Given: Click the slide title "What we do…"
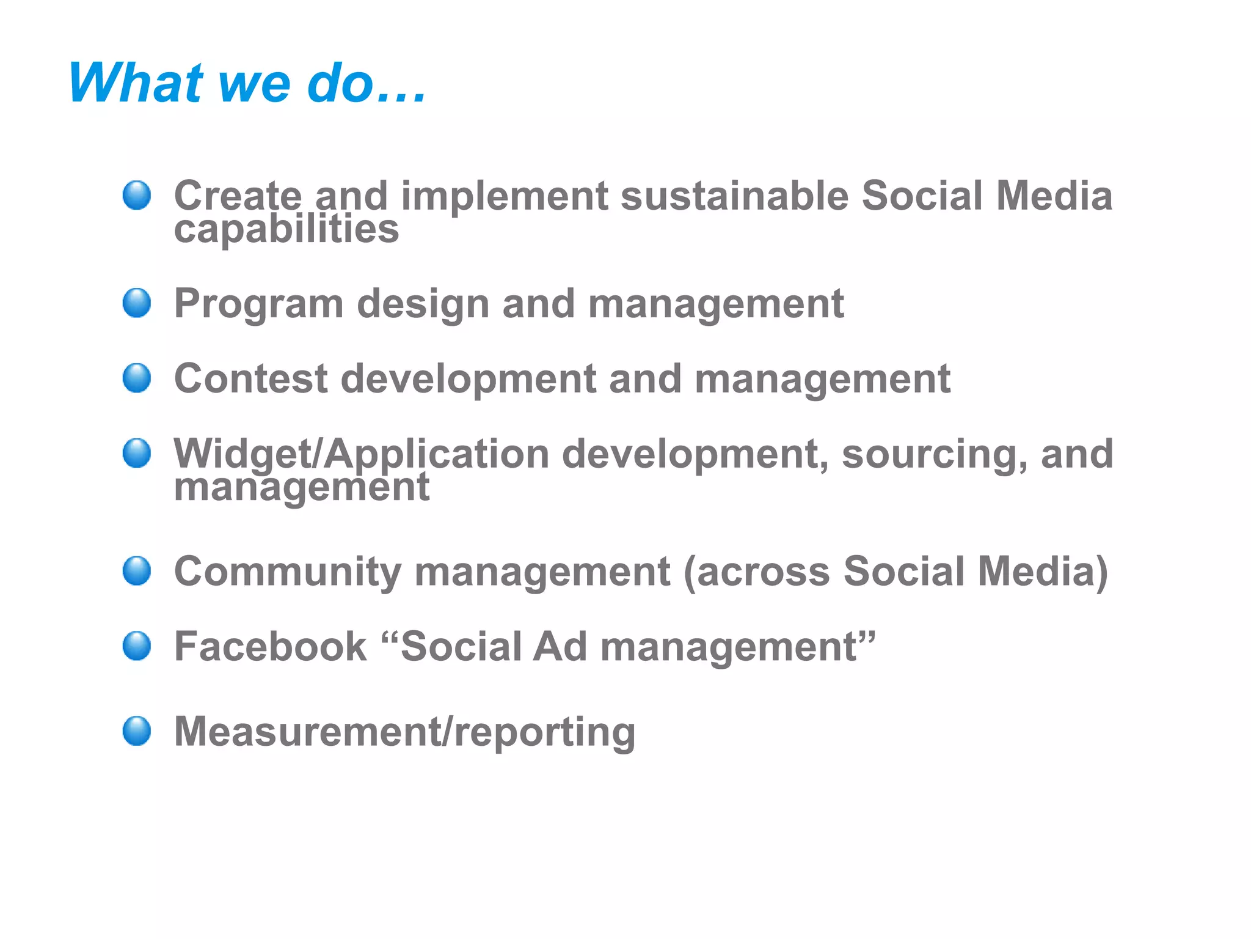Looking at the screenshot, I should [x=247, y=83].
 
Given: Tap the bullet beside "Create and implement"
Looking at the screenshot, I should [x=137, y=196].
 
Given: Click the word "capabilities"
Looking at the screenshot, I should [x=286, y=230].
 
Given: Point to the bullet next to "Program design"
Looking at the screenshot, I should [x=137, y=303].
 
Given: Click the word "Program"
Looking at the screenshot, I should [x=259, y=304].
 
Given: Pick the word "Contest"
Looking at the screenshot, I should [x=251, y=378].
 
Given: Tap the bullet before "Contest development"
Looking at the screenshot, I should [x=137, y=378].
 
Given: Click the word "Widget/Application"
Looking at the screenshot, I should [x=362, y=455].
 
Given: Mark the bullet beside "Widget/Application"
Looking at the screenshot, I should [x=137, y=454].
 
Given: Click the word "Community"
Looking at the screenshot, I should [x=288, y=572].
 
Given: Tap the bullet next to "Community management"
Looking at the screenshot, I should [x=137, y=571].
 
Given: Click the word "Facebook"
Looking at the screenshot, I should [x=271, y=647].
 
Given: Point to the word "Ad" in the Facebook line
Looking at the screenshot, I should [x=560, y=647].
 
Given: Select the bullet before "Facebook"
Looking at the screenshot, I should [x=137, y=646].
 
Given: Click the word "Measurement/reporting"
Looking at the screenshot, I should [x=404, y=732].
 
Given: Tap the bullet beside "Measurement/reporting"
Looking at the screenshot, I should [x=137, y=731].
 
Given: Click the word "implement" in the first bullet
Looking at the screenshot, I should [x=505, y=197].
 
